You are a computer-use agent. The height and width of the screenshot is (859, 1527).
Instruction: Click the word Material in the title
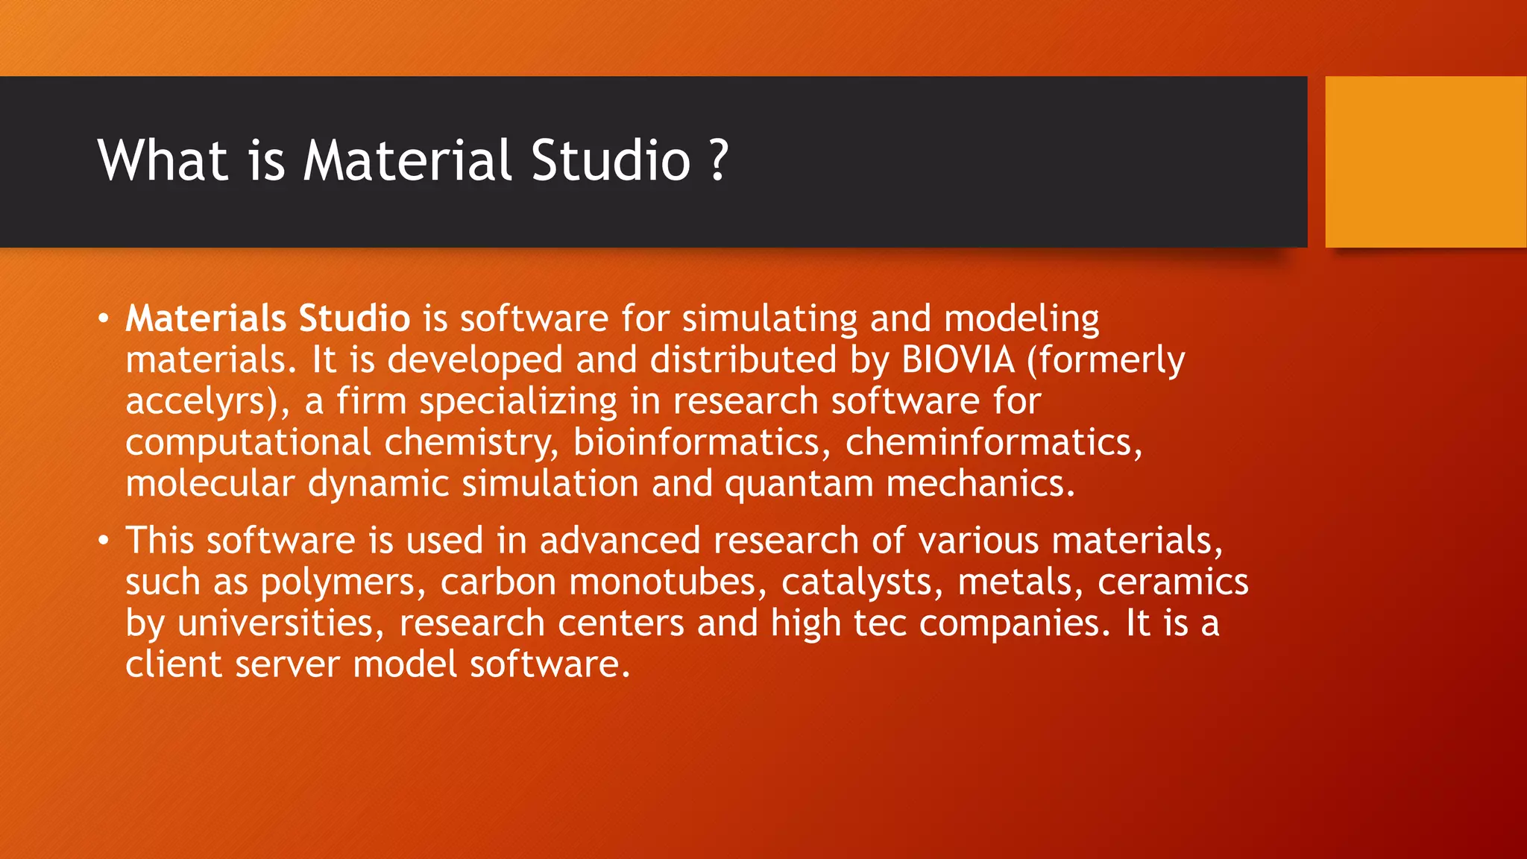click(408, 160)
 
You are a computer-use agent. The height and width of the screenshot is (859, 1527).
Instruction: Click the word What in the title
click(163, 160)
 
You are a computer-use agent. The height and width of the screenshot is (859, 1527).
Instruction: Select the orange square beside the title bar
click(1426, 162)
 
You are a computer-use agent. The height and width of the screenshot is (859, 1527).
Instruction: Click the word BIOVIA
click(958, 360)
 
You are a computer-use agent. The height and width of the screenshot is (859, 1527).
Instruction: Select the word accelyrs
click(198, 402)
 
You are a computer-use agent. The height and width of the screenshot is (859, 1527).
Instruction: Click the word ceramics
click(1173, 583)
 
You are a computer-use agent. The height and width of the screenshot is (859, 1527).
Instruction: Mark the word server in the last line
click(287, 665)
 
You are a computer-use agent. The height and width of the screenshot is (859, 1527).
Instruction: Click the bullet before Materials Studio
click(104, 320)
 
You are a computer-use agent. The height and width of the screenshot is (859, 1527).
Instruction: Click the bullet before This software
click(104, 541)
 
